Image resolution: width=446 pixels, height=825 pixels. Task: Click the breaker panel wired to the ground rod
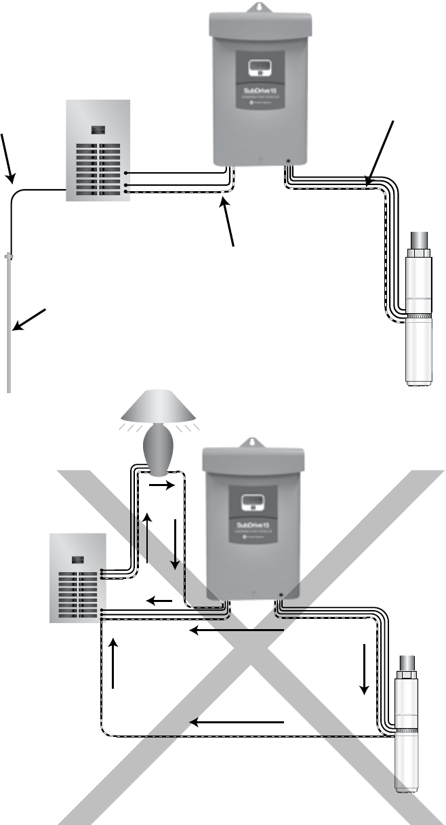[x=96, y=150]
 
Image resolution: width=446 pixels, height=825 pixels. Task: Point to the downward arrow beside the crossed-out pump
[x=365, y=668]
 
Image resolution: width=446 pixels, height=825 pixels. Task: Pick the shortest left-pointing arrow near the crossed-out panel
[x=159, y=600]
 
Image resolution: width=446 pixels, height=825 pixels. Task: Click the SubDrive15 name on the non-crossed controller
[x=257, y=89]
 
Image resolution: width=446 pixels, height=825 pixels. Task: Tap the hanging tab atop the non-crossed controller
[x=257, y=8]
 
